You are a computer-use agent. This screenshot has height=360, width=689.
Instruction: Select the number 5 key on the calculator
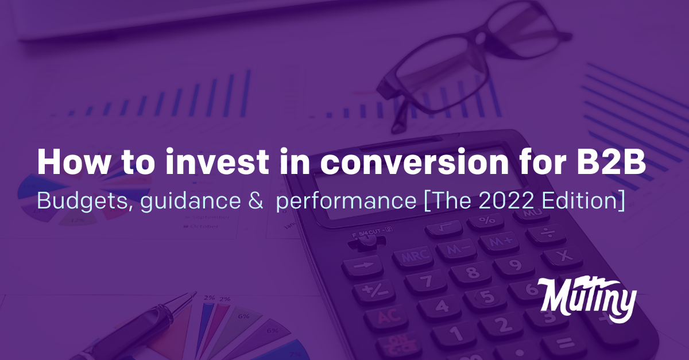tap(486, 296)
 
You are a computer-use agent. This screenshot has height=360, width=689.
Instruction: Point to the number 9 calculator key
tap(514, 265)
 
